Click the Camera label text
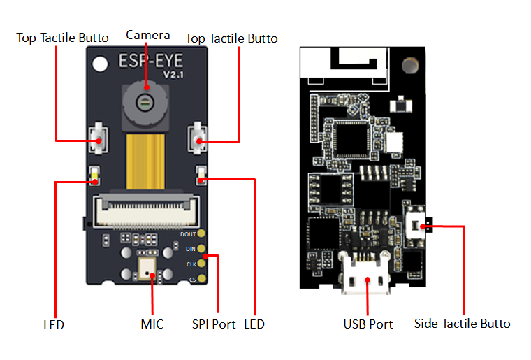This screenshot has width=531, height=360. point(147,34)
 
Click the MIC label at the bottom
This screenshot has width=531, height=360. point(152,324)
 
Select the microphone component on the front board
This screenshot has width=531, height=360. point(148,268)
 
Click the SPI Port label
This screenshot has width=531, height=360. point(214,324)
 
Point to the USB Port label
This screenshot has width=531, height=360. point(368,324)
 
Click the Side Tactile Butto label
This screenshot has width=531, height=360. point(462,324)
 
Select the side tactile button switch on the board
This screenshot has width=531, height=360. point(417,225)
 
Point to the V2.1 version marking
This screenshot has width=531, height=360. point(175,74)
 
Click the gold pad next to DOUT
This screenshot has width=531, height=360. point(202,234)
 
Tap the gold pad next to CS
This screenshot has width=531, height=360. point(202,279)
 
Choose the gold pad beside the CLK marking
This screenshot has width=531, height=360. point(202,264)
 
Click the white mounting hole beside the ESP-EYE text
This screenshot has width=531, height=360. point(101,63)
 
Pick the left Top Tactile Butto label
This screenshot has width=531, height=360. point(63,38)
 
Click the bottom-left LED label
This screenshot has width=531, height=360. point(53,324)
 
